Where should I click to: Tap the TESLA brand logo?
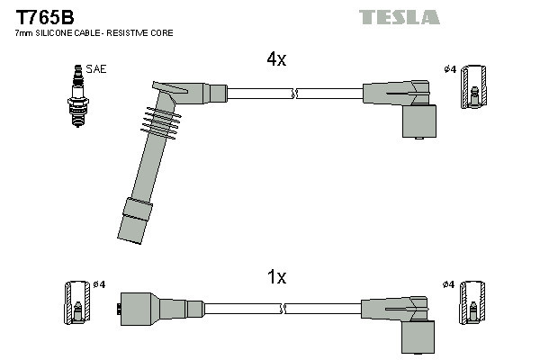point(399,17)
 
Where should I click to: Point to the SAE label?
point(95,68)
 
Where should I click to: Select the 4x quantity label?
point(275,59)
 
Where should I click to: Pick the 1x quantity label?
point(277,277)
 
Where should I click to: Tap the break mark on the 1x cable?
point(284,309)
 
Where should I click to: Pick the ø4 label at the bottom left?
point(99,284)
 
